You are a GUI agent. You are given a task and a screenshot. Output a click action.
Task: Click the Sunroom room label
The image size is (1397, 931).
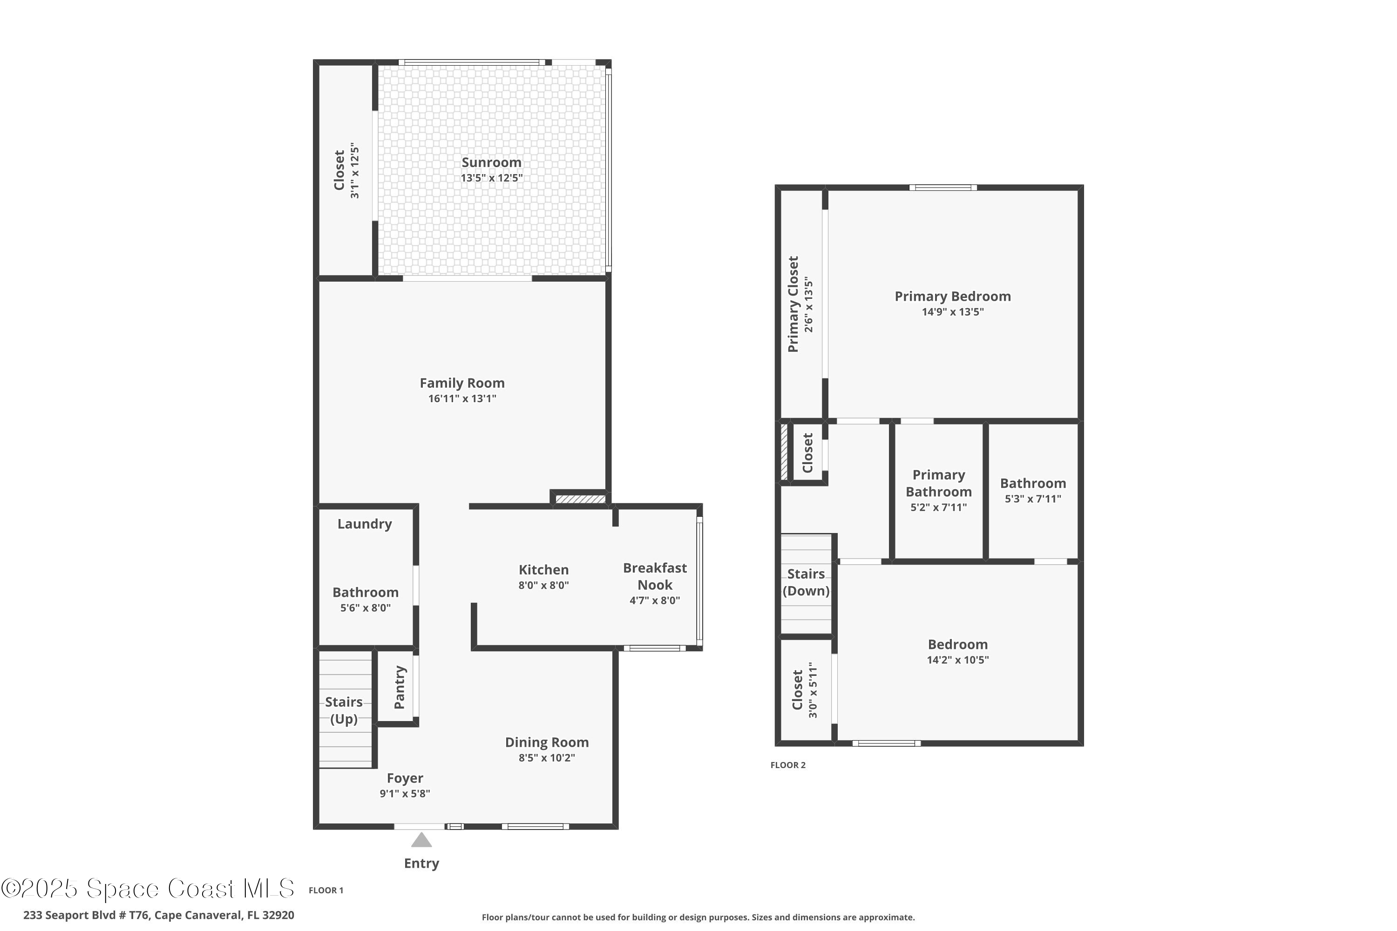point(491,162)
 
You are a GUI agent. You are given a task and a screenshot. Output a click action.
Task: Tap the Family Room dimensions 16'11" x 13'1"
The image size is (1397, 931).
point(462,398)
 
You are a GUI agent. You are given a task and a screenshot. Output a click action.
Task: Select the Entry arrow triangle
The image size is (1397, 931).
point(421,840)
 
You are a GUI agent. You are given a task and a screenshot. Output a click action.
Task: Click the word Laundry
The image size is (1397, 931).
point(365,524)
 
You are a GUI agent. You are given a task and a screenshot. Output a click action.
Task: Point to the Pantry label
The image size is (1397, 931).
point(399,687)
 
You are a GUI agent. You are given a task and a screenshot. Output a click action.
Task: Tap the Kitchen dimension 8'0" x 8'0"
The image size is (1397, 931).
point(543,585)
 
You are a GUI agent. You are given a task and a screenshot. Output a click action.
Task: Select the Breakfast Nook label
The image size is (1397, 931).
point(655,576)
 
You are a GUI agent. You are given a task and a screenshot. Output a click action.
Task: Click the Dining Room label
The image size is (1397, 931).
point(546,742)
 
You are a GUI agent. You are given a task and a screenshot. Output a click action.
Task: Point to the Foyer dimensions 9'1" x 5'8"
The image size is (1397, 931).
point(405,793)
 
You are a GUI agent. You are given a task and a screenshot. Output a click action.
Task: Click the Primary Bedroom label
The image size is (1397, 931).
point(953,296)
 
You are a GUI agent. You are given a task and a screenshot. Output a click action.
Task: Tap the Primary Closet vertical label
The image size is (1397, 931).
point(793,304)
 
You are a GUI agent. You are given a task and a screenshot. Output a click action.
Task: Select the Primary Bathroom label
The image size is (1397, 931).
point(938,483)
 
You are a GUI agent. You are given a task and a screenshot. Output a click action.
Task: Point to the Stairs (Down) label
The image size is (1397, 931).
point(806,582)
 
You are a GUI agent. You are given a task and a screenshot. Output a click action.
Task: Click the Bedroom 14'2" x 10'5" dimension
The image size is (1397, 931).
point(957,660)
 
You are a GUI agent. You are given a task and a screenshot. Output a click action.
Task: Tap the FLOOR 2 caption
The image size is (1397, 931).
point(787,765)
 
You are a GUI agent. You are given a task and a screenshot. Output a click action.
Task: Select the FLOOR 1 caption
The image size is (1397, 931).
point(326,890)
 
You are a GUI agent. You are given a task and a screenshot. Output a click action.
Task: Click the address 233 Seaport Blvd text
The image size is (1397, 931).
point(159,915)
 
